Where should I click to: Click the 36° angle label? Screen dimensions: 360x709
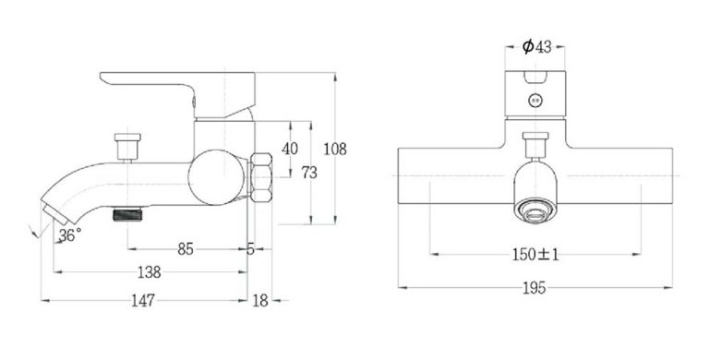69,235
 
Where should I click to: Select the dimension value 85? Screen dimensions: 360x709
186,248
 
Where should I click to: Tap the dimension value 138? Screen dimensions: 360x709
148,272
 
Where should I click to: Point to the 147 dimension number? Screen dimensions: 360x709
142,300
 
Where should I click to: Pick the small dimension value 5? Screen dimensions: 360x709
250,248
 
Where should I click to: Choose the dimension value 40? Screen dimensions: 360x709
289,149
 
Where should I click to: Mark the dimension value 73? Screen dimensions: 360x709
309,173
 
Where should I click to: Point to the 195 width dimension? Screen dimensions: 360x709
535,288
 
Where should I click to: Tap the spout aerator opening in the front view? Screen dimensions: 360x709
535,209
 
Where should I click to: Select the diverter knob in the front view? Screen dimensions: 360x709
535,142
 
